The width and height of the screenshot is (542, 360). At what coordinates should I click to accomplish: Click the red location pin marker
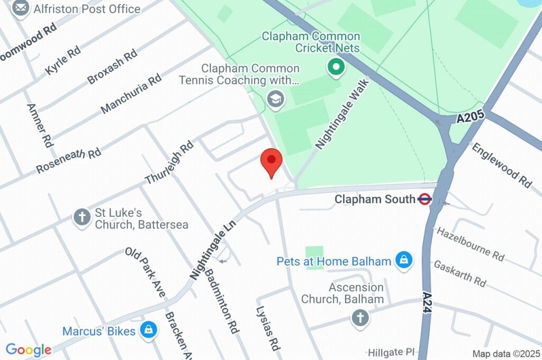(272, 161)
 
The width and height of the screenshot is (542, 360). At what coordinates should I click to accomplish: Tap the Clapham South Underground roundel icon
(424, 200)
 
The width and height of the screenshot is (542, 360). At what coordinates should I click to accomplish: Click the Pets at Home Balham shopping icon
(403, 260)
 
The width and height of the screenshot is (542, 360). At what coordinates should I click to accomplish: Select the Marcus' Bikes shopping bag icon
(149, 331)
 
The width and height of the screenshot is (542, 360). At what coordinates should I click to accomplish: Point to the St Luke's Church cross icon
(82, 217)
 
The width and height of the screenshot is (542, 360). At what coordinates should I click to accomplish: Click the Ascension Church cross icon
(360, 318)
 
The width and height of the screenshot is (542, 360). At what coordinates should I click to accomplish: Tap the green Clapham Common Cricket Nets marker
(336, 67)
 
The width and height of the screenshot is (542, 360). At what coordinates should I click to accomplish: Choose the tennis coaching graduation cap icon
(275, 99)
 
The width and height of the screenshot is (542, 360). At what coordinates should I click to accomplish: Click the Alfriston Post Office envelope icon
(21, 9)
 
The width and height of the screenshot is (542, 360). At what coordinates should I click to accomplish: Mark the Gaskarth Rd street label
(460, 273)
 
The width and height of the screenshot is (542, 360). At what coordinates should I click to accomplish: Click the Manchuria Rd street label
(131, 94)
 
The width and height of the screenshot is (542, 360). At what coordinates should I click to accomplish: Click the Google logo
(28, 350)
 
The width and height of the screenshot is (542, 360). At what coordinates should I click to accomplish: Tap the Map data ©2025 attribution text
(505, 354)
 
